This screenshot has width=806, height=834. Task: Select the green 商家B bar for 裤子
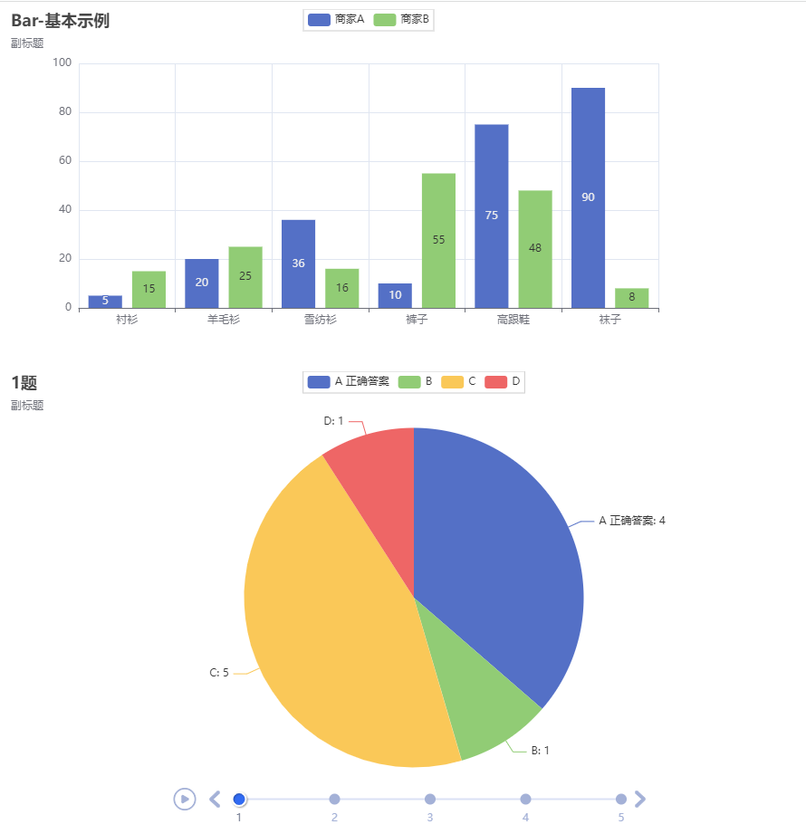click(438, 240)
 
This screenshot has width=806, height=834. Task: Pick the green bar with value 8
click(631, 298)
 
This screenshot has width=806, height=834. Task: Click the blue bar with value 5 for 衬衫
click(105, 302)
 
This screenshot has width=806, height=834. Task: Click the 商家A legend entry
click(336, 19)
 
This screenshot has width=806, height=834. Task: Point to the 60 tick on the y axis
click(62, 161)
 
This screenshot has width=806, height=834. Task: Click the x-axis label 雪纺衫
click(321, 320)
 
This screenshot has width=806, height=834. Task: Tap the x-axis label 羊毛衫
click(224, 320)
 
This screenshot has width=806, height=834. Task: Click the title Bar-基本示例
click(60, 21)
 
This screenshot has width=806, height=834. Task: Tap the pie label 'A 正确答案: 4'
click(631, 521)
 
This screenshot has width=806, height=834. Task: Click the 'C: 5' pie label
click(219, 673)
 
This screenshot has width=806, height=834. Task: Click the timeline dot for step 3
click(430, 799)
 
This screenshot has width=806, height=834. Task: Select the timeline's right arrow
click(640, 799)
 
